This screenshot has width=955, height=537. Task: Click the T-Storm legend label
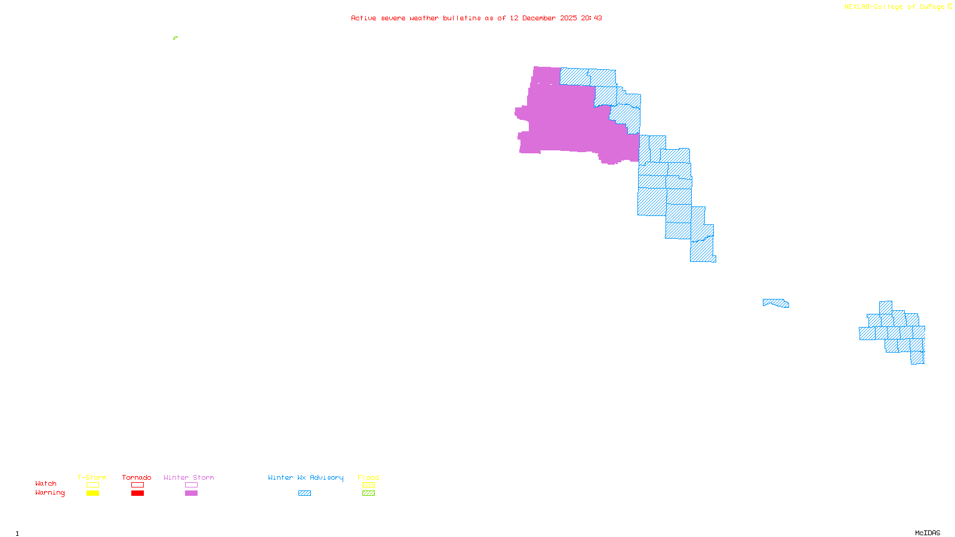click(x=92, y=477)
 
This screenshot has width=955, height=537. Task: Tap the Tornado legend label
click(x=137, y=477)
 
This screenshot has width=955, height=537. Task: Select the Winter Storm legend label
click(x=189, y=477)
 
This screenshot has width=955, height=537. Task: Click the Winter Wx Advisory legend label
click(x=306, y=477)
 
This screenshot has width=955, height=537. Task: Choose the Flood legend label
click(x=368, y=477)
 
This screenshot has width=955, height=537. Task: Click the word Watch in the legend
click(x=46, y=483)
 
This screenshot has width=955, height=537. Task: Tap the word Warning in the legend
click(x=50, y=493)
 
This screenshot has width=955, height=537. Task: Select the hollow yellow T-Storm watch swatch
click(x=93, y=485)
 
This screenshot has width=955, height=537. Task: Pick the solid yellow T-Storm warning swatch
click(x=93, y=493)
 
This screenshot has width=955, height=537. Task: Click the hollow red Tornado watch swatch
click(x=138, y=485)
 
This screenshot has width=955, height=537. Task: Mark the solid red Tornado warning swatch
click(x=138, y=493)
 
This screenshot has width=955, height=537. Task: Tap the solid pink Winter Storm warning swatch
click(x=191, y=493)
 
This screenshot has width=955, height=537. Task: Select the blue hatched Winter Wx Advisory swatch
click(x=304, y=493)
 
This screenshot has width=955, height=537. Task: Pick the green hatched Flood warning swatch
click(x=369, y=493)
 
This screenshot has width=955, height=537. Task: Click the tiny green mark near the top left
click(x=175, y=38)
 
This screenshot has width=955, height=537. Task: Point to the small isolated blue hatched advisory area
click(x=776, y=303)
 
